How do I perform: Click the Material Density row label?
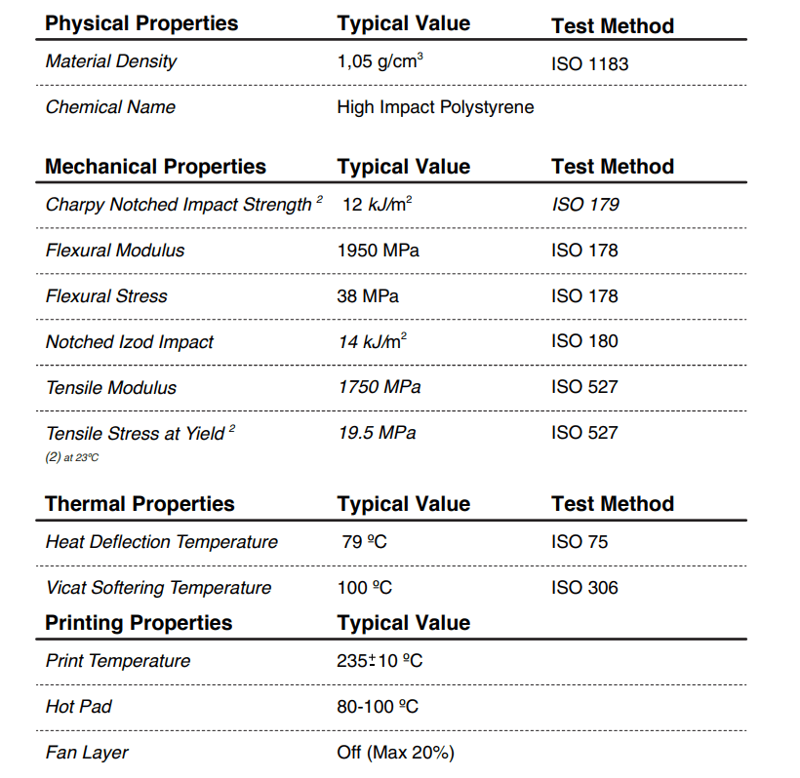click(111, 61)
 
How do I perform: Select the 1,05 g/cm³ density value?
click(380, 62)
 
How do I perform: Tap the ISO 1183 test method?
click(589, 64)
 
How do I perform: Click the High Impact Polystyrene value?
click(435, 107)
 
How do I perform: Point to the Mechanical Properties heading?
click(155, 167)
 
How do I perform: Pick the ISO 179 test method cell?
click(584, 205)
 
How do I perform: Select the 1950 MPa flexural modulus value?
click(378, 251)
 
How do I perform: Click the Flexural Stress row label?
click(106, 296)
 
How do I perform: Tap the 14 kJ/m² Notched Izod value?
click(373, 341)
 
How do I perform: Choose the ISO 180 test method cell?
click(584, 341)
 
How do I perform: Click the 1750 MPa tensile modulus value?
click(380, 387)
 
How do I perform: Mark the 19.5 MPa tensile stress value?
click(377, 433)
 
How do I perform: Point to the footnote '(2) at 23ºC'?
click(72, 457)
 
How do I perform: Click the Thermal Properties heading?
click(140, 504)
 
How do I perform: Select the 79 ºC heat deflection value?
click(364, 542)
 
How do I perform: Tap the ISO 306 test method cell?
click(584, 588)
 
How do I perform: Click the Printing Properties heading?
click(139, 623)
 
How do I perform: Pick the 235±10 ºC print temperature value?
click(380, 661)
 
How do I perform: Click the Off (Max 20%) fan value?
click(395, 753)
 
